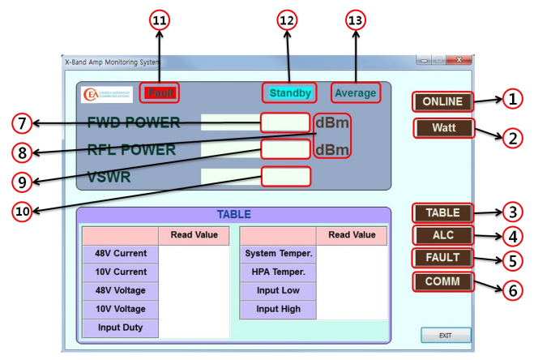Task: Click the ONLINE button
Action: coord(442,101)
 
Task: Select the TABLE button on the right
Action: coord(442,213)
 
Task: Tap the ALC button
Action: coord(442,235)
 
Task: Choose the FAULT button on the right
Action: coord(442,258)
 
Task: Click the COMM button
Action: coord(442,281)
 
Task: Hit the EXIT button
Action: coord(445,335)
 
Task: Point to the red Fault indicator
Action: coord(159,92)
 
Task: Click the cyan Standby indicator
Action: coord(289,93)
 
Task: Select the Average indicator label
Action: coord(355,93)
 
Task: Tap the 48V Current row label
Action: coord(120,253)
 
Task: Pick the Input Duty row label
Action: coord(120,328)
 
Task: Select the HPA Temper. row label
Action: coord(278,272)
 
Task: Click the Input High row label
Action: coord(278,309)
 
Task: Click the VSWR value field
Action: coord(285,176)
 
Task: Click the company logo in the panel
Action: coord(108,94)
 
